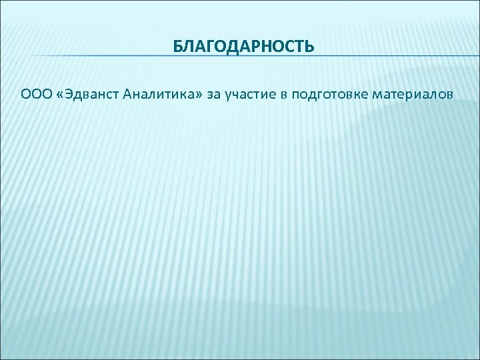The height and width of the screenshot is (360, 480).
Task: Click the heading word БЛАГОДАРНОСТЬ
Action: click(x=243, y=47)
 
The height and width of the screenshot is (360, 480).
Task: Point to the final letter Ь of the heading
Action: click(x=309, y=47)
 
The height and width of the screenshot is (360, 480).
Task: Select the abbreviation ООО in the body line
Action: click(x=35, y=95)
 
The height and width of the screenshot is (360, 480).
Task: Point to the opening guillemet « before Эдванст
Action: click(x=61, y=95)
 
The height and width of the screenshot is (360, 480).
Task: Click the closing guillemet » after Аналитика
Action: click(x=196, y=95)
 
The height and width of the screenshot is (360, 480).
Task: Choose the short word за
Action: click(x=213, y=95)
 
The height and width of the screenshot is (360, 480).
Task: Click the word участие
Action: click(x=250, y=95)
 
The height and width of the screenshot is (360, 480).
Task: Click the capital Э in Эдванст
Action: click(x=70, y=95)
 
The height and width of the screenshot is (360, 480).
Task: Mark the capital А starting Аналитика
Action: click(x=128, y=95)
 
